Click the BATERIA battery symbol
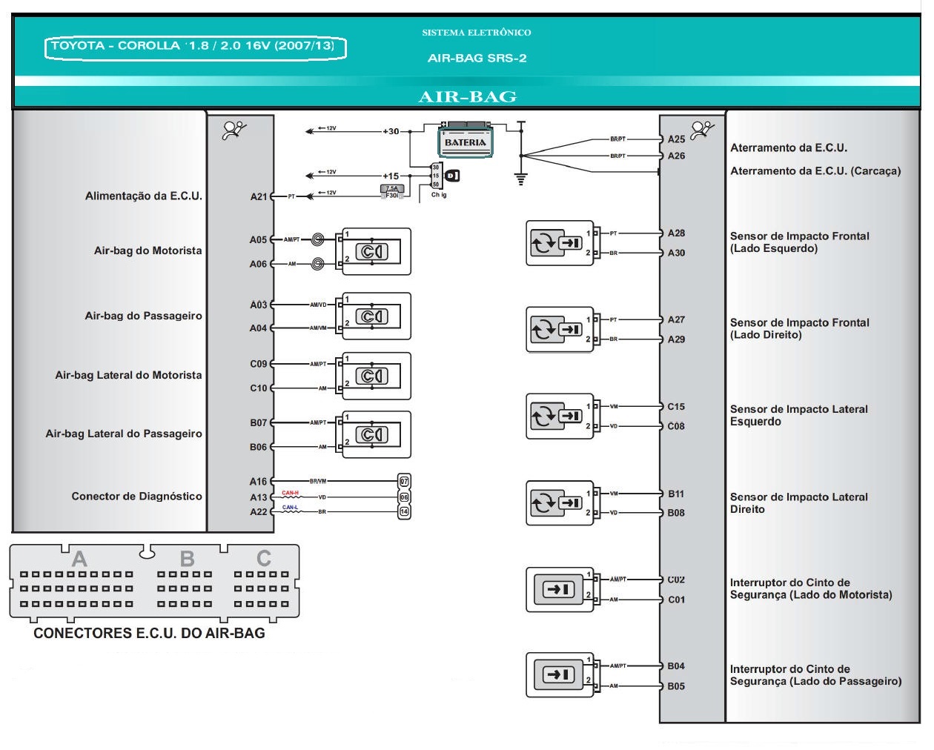[465, 141]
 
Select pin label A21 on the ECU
[258, 196]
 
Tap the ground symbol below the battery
[520, 178]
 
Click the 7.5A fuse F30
[392, 191]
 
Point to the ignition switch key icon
[452, 176]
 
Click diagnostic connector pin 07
[404, 481]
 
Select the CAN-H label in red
[290, 493]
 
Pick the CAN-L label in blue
[290, 508]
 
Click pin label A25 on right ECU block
[676, 139]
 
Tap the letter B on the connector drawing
[188, 558]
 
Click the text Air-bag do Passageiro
[143, 316]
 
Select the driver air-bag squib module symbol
[371, 252]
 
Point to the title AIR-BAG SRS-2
[477, 58]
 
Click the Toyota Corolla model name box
[194, 46]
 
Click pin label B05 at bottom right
[676, 686]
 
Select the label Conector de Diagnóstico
[136, 496]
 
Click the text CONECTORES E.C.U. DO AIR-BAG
[149, 633]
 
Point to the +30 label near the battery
[391, 131]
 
